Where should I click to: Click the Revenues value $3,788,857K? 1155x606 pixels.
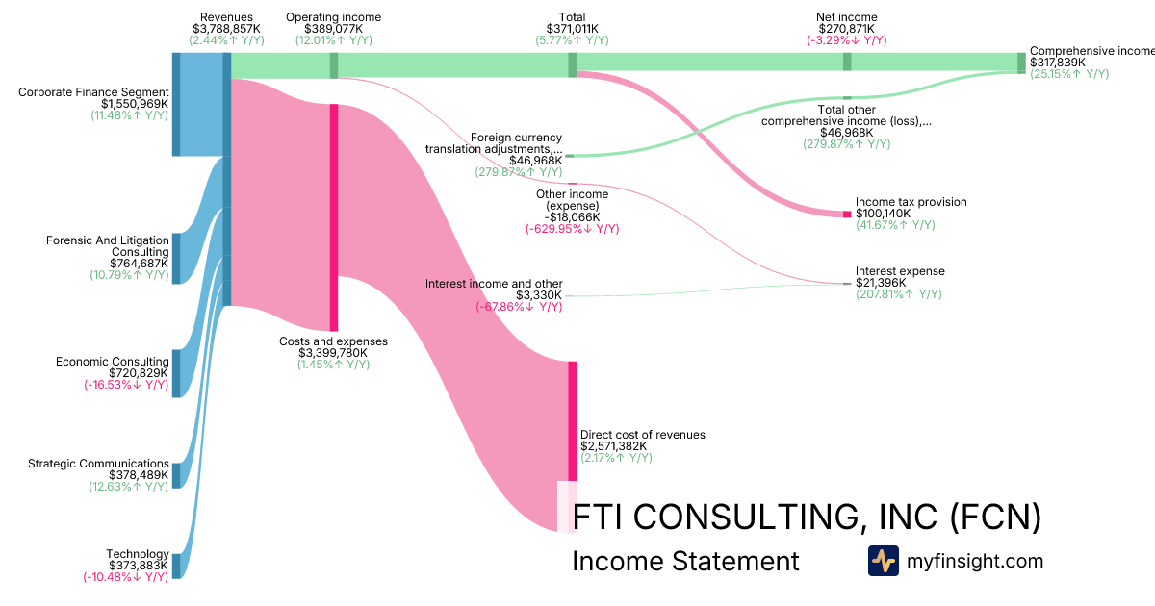click(x=227, y=29)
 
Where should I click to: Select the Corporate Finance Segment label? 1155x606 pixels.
click(x=94, y=92)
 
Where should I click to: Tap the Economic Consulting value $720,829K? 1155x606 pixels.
click(x=139, y=373)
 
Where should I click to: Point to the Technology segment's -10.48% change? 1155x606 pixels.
click(x=126, y=577)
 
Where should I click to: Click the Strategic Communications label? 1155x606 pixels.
click(x=98, y=464)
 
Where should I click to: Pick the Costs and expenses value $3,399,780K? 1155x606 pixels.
click(x=334, y=353)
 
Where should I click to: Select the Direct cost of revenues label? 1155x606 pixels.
click(x=643, y=435)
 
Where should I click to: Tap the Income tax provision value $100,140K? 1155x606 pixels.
click(x=883, y=214)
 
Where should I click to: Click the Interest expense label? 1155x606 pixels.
click(x=900, y=271)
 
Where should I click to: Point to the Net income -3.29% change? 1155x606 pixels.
click(x=847, y=40)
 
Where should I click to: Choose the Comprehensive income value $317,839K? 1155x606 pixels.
click(x=1058, y=63)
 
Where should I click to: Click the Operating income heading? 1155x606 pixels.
click(x=334, y=17)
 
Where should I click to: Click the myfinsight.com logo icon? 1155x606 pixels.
click(x=883, y=561)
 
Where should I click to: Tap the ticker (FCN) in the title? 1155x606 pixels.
click(x=995, y=517)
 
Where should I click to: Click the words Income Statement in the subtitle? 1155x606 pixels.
click(x=685, y=561)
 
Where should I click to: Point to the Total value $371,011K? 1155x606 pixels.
click(x=572, y=29)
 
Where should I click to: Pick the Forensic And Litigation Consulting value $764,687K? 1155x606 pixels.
click(x=139, y=264)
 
